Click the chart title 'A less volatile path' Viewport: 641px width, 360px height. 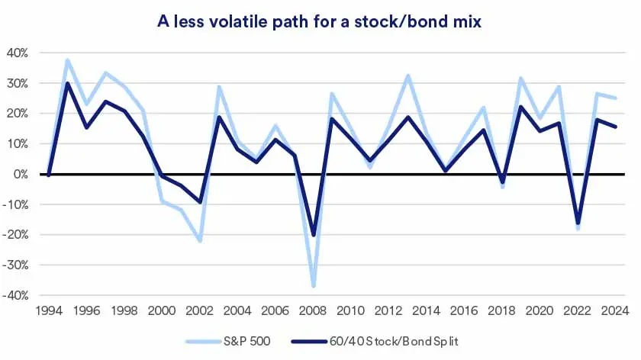pyautogui.click(x=320, y=23)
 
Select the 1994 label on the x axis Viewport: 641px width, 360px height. pyautogui.click(x=48, y=311)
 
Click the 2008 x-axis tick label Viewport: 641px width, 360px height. pyautogui.click(x=313, y=311)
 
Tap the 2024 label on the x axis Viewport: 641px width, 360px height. pyautogui.click(x=615, y=311)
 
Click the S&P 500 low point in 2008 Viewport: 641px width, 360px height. pyautogui.click(x=313, y=286)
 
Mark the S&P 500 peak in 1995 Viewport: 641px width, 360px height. pyautogui.click(x=67, y=60)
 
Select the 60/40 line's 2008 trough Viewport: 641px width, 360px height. pyautogui.click(x=313, y=235)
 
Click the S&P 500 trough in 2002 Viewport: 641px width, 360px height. pyautogui.click(x=200, y=241)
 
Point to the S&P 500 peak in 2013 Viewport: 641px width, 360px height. pyautogui.click(x=407, y=76)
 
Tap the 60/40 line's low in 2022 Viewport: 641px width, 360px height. pyautogui.click(x=578, y=223)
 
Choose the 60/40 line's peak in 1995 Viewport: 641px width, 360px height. pyautogui.click(x=67, y=83)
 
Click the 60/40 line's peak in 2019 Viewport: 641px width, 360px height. pyautogui.click(x=521, y=107)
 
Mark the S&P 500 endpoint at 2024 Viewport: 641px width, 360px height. pyautogui.click(x=615, y=98)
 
